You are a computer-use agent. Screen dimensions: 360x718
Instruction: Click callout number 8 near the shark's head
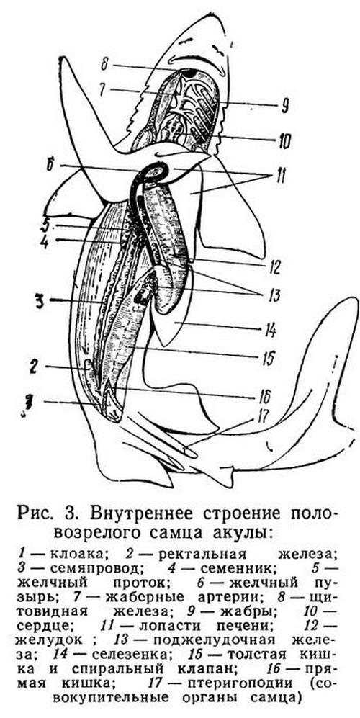[x=104, y=65]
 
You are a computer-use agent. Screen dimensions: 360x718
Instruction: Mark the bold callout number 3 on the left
[x=40, y=302]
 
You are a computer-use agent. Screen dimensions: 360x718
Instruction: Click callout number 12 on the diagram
[x=274, y=267]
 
